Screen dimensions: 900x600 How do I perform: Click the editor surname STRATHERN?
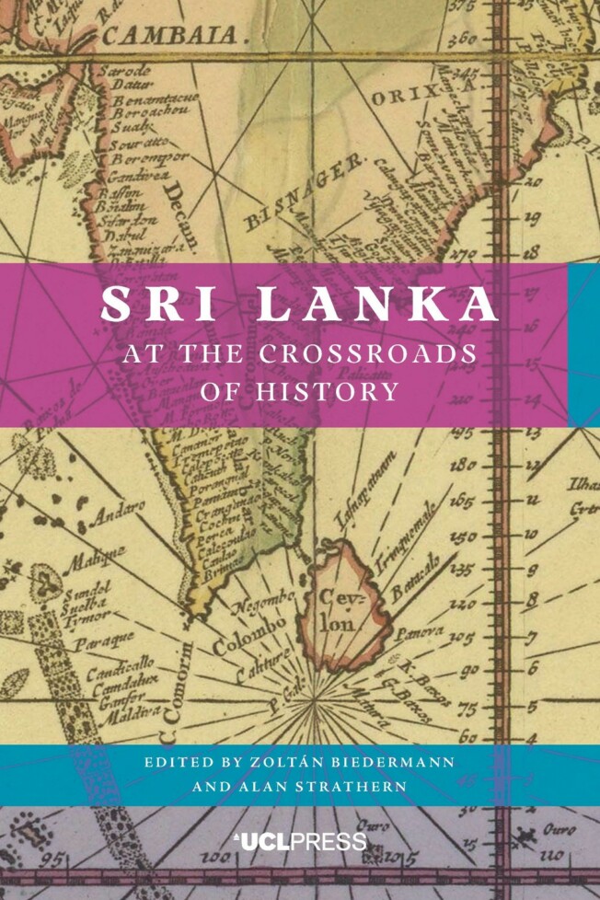pyautogui.click(x=345, y=788)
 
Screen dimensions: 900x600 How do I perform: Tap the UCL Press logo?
pyautogui.click(x=299, y=840)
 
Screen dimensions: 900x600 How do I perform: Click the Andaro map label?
pyautogui.click(x=117, y=512)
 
